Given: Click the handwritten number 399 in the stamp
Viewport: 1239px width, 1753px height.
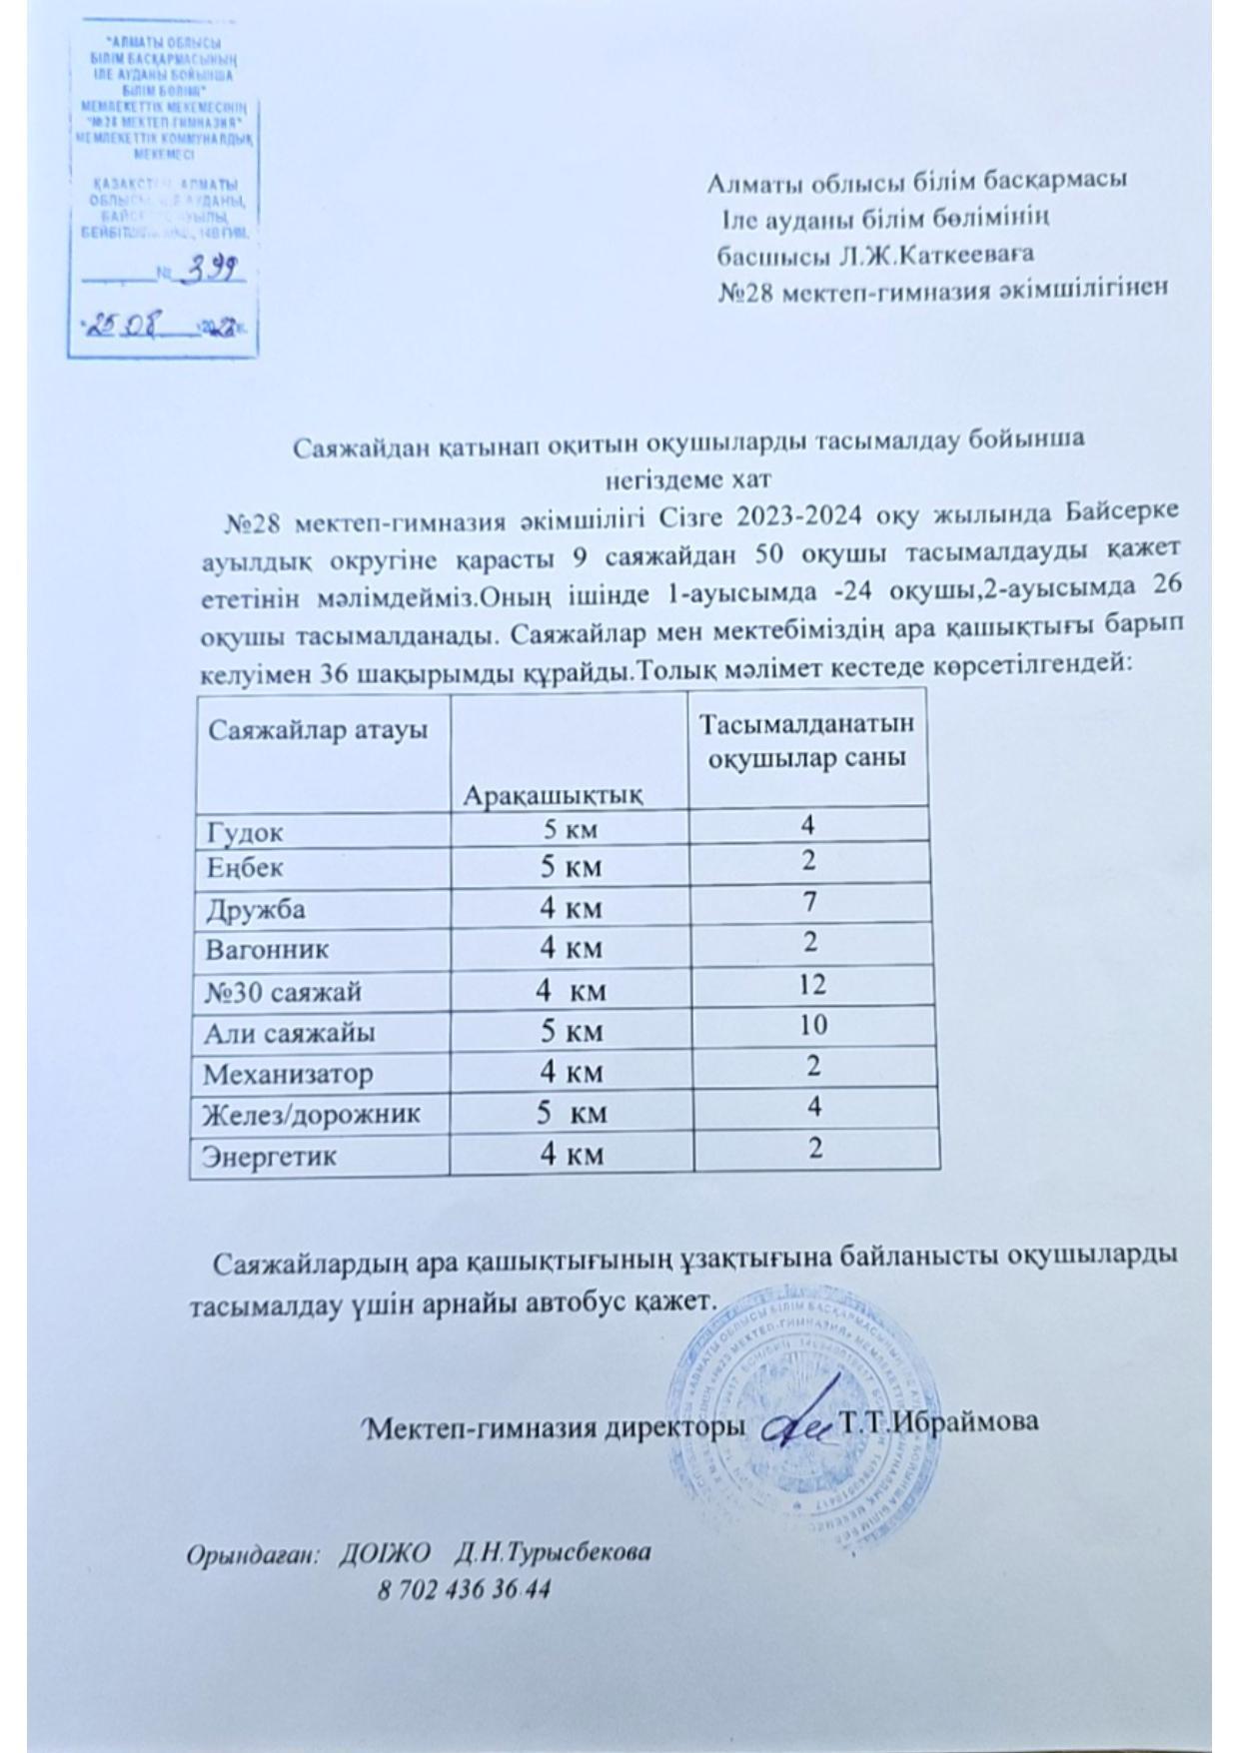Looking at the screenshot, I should [x=213, y=270].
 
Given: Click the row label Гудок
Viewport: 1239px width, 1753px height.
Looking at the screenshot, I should [x=245, y=831].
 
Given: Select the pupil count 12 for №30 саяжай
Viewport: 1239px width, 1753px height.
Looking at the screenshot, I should [x=812, y=986].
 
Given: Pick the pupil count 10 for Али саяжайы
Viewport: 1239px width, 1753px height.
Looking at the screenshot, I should [x=813, y=1026].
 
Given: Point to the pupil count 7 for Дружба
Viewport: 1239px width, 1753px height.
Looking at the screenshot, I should [x=810, y=903].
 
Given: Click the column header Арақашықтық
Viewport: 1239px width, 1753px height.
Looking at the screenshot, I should [x=553, y=795].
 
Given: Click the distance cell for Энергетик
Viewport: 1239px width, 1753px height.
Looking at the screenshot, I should [x=572, y=1155].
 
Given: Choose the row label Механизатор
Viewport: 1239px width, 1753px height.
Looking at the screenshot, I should [x=289, y=1074].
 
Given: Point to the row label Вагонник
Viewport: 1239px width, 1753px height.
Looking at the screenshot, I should [x=267, y=948].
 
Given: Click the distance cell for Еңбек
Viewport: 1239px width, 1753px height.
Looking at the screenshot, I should [x=572, y=866].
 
